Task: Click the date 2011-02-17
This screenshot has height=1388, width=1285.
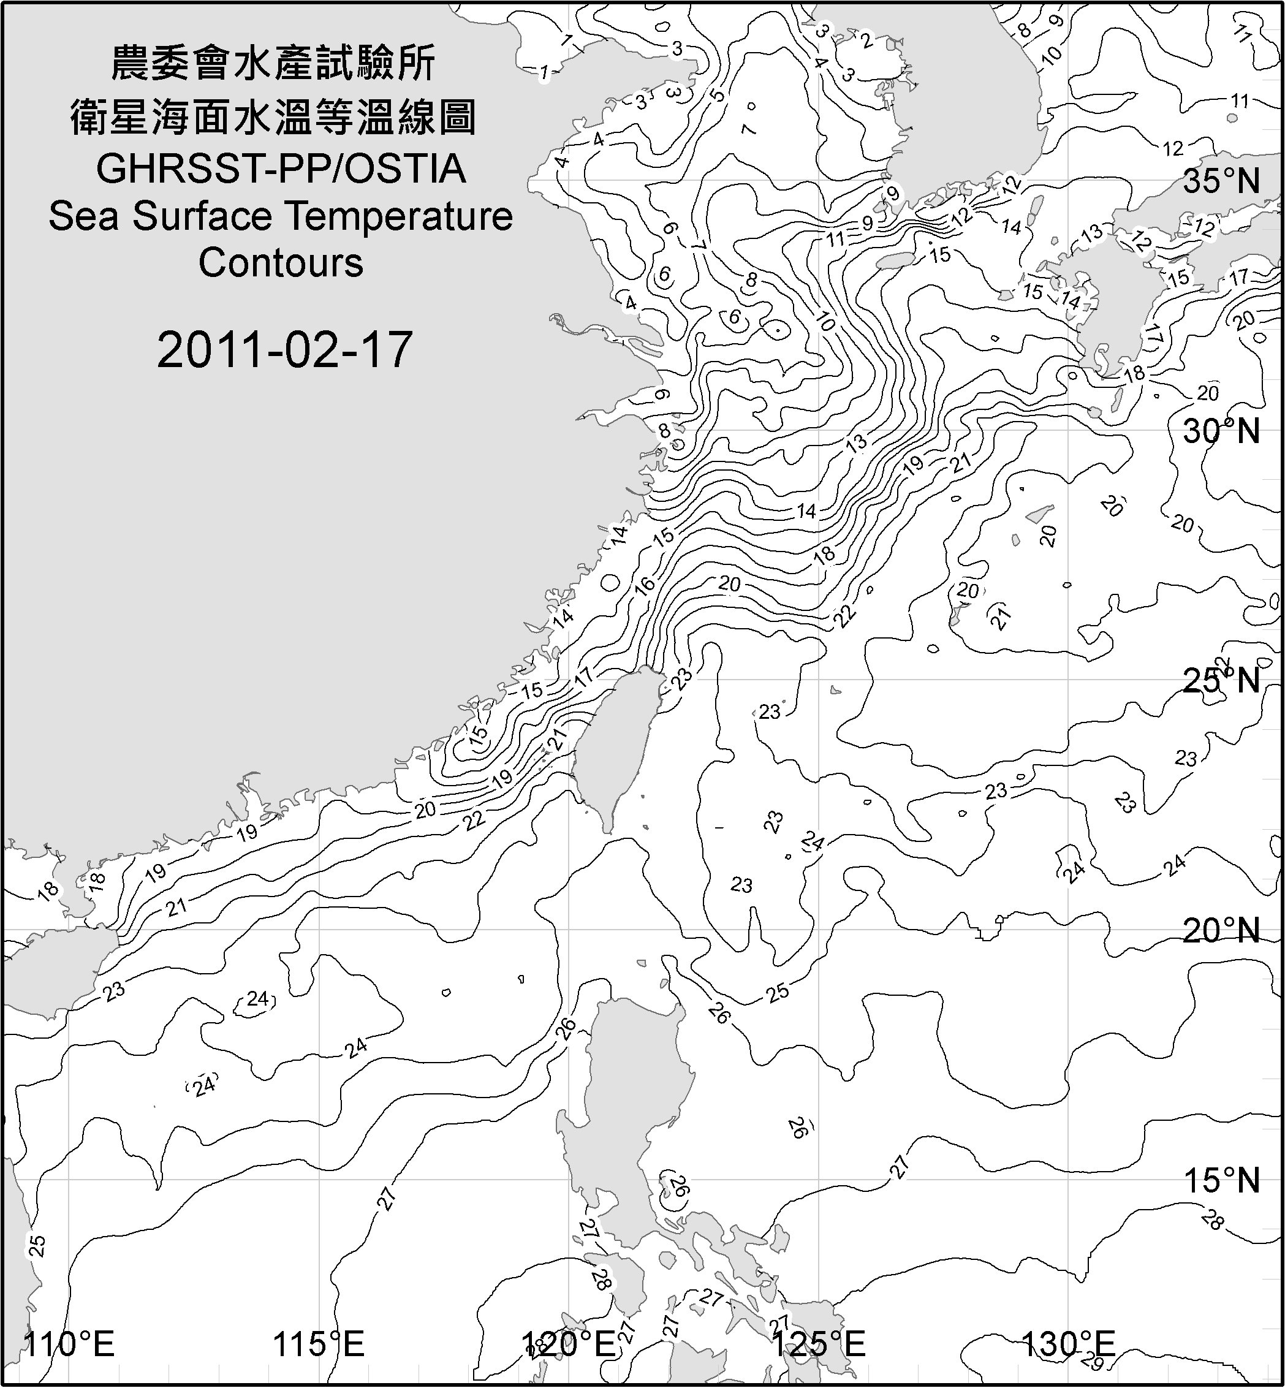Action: [x=284, y=350]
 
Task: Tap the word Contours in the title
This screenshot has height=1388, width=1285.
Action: [x=281, y=263]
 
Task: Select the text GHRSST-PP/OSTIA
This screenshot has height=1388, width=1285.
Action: [x=281, y=169]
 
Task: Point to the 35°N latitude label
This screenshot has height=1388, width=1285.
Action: [x=1221, y=181]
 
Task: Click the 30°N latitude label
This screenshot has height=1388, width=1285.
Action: [x=1221, y=432]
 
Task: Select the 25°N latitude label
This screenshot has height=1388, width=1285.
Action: [x=1221, y=680]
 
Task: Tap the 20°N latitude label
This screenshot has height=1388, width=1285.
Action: [x=1221, y=930]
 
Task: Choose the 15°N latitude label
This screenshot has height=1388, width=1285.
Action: [x=1221, y=1180]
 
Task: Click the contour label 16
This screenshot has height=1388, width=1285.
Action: [x=645, y=585]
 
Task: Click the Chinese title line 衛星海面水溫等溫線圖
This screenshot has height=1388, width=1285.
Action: [x=273, y=117]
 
